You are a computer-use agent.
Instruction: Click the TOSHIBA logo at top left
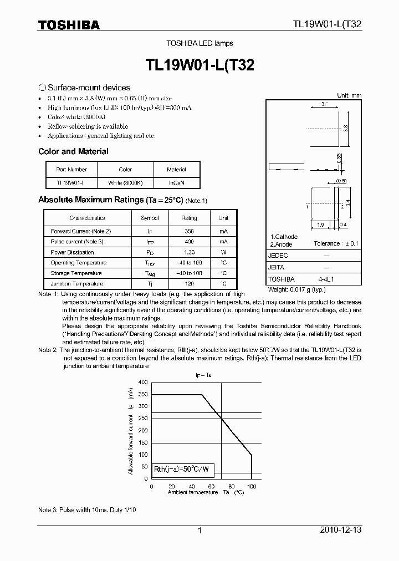69,25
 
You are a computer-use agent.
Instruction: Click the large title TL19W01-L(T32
199,65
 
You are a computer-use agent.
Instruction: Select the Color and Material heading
73,151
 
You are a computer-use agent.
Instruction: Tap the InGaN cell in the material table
176,182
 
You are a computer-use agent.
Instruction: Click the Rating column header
189,218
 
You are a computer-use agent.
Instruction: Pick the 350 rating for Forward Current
189,231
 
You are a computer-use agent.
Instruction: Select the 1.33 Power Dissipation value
189,252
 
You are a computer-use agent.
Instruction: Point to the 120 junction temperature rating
189,284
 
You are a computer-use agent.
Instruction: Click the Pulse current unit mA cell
223,242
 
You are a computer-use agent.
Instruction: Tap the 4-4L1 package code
325,279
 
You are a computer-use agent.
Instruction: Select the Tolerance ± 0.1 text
336,243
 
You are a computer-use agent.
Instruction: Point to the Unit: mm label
349,95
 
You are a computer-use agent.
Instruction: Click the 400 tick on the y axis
143,382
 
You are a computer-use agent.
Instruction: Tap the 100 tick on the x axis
252,486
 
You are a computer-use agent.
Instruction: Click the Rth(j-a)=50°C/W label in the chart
184,469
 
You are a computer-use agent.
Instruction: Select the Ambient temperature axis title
193,492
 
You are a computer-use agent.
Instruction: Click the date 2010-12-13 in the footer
341,530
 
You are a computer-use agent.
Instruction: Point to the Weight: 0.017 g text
296,289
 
